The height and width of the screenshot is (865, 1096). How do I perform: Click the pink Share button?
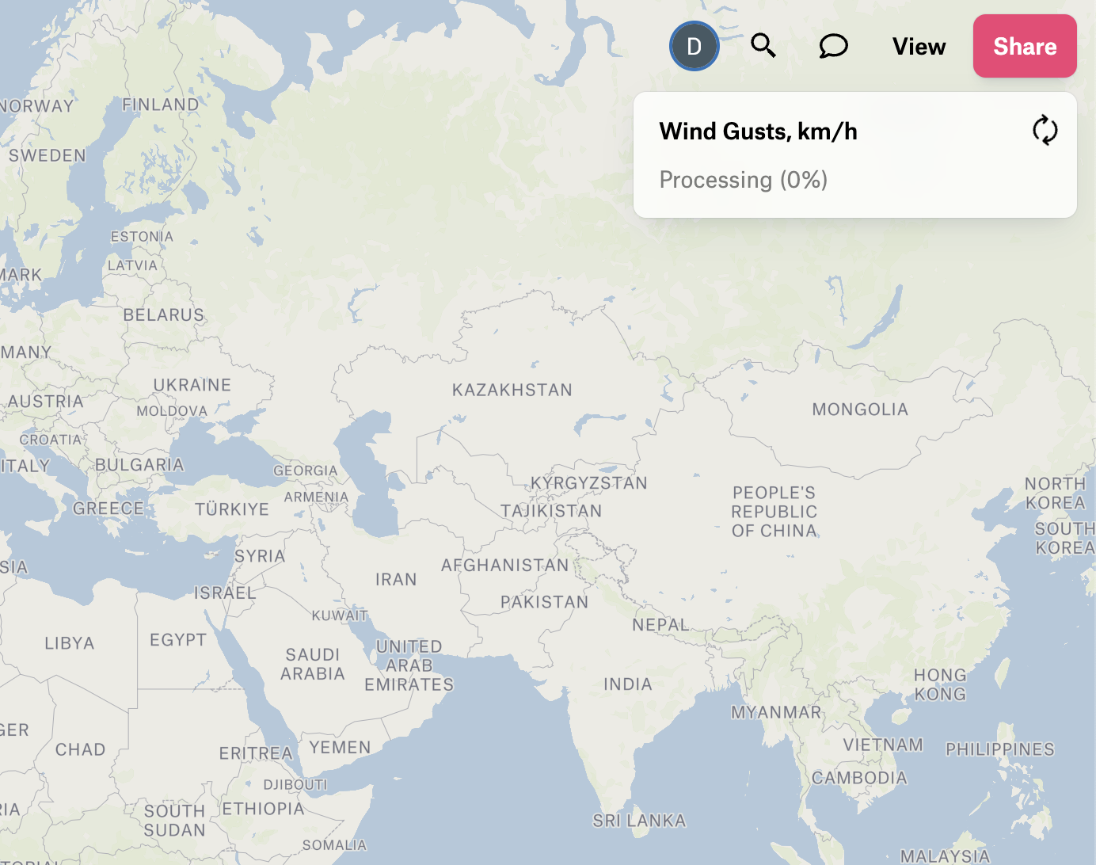click(1024, 46)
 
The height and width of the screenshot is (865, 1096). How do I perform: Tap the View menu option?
click(919, 47)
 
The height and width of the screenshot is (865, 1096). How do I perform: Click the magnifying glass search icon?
click(763, 46)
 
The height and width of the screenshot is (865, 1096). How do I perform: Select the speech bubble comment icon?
click(833, 46)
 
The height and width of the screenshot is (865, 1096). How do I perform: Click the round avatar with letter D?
click(694, 46)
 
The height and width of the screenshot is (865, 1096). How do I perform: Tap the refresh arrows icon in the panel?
click(1045, 131)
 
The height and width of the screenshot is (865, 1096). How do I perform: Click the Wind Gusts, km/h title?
click(758, 131)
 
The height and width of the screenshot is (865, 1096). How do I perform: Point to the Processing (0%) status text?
click(743, 180)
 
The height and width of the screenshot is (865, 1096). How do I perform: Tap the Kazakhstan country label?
click(512, 390)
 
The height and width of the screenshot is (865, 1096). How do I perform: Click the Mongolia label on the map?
click(859, 410)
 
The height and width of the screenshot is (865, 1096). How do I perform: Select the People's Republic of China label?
click(774, 512)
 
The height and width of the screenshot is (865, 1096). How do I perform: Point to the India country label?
click(627, 684)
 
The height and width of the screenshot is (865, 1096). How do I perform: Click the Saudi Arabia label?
click(313, 664)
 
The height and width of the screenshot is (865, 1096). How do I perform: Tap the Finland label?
click(160, 105)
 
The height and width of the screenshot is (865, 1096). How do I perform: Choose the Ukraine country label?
click(192, 385)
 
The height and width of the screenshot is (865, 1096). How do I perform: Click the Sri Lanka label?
click(638, 821)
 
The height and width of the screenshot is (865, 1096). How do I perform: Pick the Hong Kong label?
click(939, 684)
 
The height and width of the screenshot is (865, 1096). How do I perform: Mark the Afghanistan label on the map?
click(504, 565)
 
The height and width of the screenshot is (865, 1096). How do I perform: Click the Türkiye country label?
click(231, 509)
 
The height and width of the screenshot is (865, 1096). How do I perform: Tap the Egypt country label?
click(177, 639)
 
